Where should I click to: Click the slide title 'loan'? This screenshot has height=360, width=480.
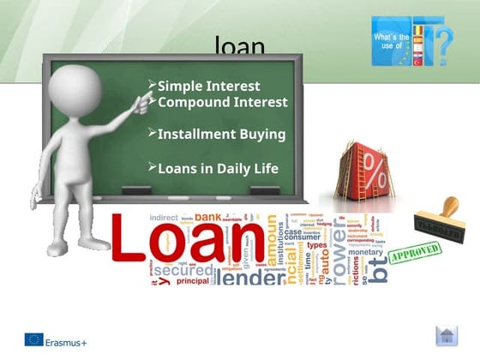(x=239, y=44)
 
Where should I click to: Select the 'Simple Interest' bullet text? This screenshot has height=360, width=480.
(x=208, y=86)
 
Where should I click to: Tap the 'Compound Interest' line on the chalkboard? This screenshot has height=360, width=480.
(x=222, y=102)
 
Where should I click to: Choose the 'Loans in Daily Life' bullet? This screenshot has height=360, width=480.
(x=218, y=168)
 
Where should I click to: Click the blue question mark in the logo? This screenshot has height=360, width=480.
(x=443, y=43)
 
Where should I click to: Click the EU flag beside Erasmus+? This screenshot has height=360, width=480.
(x=33, y=340)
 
